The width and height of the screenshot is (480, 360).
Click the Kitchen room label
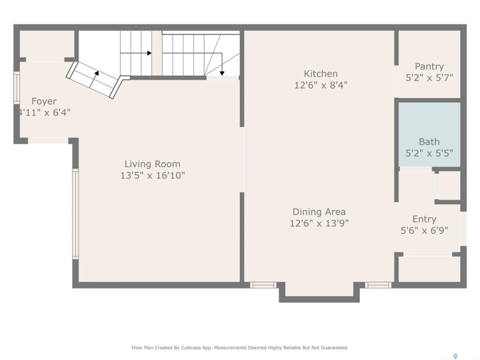coord(320,74)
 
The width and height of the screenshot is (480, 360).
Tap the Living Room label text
coord(152,164)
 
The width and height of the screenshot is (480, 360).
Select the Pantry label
coord(429,66)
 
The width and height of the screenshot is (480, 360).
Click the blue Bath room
coord(429,134)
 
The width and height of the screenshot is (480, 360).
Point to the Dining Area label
coord(319,212)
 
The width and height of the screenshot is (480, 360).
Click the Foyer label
coord(44,101)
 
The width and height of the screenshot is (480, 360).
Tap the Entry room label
coord(424,219)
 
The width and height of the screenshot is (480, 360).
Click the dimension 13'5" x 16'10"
coord(152,175)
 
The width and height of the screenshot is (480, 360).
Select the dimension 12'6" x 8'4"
coord(321,85)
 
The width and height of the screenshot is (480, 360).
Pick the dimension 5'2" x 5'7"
coord(429,78)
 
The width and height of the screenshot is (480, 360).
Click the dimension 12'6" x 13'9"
coord(319,223)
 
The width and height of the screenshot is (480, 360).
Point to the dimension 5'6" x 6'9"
coord(424,230)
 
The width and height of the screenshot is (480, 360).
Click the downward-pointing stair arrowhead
coord(222,73)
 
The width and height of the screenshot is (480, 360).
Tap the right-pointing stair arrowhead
coord(149,53)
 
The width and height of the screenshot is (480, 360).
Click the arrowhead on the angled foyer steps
coord(96,73)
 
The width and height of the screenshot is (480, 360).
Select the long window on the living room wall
coord(75,214)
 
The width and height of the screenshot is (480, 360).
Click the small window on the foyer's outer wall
coord(16,87)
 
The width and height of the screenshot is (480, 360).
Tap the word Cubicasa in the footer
coord(189,348)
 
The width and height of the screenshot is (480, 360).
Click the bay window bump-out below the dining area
coord(319,292)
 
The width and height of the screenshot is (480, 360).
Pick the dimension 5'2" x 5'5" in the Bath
coord(429,153)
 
